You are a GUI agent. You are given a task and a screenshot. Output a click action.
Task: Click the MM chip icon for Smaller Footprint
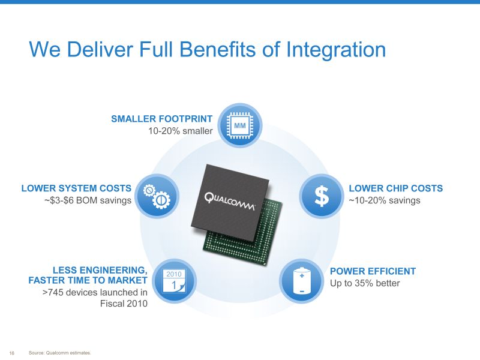click(239, 125)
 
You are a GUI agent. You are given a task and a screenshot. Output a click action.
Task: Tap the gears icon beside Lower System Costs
click(157, 196)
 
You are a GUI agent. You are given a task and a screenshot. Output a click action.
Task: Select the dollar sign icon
click(322, 196)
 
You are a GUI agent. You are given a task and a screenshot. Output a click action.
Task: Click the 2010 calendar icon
click(174, 281)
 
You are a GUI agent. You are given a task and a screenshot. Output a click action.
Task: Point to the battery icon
click(302, 281)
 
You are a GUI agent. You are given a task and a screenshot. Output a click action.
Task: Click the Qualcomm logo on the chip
click(229, 202)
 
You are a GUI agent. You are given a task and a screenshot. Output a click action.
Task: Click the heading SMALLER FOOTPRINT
click(161, 119)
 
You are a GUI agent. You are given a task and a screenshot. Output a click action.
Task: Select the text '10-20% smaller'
click(181, 131)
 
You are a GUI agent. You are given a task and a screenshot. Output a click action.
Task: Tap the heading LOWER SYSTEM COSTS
click(76, 188)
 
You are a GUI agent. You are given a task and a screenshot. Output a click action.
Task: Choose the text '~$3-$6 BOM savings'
click(88, 200)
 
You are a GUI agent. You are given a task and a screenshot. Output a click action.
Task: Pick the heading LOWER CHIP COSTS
click(396, 188)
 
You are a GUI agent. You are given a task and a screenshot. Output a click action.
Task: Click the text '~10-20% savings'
click(385, 200)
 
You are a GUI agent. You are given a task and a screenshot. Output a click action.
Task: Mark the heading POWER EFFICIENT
click(373, 271)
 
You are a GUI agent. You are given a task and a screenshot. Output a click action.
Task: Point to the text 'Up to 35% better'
click(365, 283)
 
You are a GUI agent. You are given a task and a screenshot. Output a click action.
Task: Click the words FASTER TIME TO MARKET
click(88, 280)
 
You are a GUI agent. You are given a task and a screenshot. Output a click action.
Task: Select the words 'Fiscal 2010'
click(124, 304)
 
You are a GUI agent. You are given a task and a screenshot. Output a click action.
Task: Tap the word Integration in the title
click(336, 50)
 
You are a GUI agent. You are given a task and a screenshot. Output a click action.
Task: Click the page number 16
click(11, 353)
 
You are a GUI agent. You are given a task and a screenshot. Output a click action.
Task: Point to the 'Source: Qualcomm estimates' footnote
click(59, 353)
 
